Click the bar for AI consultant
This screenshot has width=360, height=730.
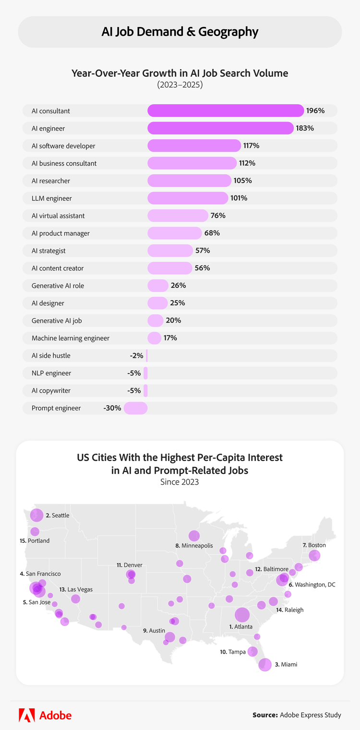tap(226, 111)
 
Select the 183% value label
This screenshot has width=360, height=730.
tap(305, 128)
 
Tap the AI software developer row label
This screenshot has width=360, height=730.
tap(63, 146)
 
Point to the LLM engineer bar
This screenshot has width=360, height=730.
tap(188, 198)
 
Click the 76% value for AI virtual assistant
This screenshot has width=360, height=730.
tap(218, 216)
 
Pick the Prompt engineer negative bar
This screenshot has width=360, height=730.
tap(136, 408)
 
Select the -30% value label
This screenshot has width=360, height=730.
tap(112, 408)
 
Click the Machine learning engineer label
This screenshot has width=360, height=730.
tap(71, 338)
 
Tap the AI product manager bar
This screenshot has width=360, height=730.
tap(175, 233)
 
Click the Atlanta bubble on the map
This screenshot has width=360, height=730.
tap(242, 614)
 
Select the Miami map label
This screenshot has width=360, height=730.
tap(288, 665)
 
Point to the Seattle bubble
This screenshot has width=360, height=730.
tap(36, 515)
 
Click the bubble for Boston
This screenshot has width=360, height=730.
tap(314, 556)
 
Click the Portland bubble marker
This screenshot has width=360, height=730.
tap(35, 532)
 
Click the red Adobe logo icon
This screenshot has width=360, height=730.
tap(26, 715)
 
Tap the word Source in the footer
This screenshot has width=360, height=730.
tap(265, 715)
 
